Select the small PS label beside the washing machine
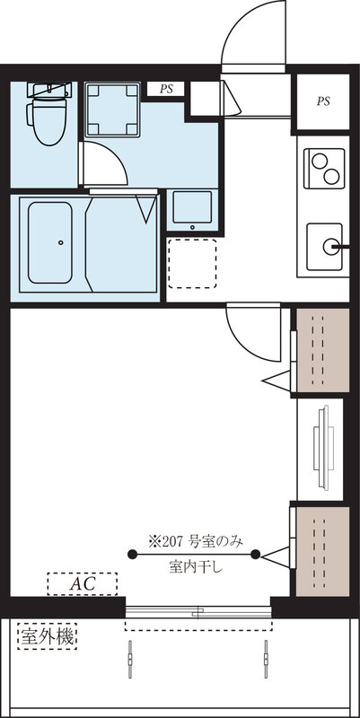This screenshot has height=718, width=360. click(x=166, y=89)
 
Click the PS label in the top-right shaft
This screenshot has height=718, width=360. click(x=322, y=101)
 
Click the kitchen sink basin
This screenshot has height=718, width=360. click(x=328, y=244)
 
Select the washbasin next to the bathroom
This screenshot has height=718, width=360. click(x=192, y=209)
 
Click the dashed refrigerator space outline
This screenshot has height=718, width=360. click(x=192, y=262)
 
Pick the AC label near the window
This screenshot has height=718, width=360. click(x=83, y=584)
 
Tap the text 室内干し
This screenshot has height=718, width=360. click(x=195, y=567)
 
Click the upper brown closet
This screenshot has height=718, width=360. click(x=322, y=350)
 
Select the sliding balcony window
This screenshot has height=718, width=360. click(x=198, y=612)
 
